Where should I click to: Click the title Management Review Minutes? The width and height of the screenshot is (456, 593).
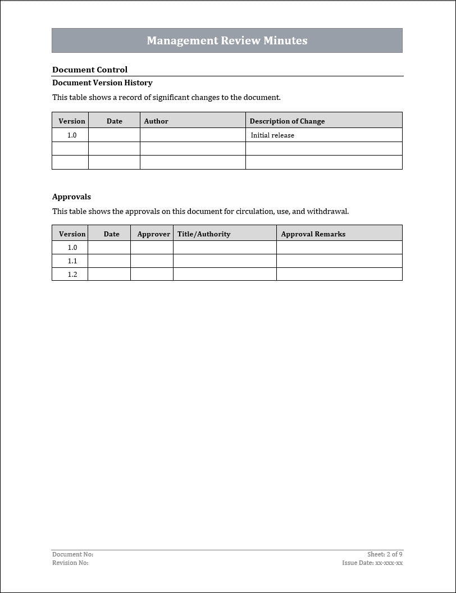point(227,40)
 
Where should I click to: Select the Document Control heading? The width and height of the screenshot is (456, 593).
point(90,70)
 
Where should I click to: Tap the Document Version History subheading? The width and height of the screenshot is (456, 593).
point(102,83)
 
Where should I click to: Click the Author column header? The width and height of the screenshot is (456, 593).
point(156,121)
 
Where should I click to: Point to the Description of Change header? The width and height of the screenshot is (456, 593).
point(287,121)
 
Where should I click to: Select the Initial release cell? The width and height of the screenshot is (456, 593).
point(272,135)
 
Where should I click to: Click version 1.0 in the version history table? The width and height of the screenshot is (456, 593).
point(72,135)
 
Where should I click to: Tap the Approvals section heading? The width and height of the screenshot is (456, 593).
point(71,197)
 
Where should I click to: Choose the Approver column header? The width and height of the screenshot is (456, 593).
point(153,234)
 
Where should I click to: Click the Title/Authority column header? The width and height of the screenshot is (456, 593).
point(204,234)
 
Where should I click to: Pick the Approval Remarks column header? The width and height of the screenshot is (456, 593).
point(313,234)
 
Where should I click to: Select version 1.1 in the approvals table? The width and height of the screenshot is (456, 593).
point(72,261)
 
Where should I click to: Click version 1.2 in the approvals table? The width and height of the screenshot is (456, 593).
point(72,275)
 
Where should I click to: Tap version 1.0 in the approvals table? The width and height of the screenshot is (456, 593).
point(72,248)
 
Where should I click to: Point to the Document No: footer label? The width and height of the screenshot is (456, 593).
point(73,554)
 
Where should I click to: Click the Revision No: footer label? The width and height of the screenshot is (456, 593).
point(71,563)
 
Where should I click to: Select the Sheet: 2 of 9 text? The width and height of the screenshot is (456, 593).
point(385,554)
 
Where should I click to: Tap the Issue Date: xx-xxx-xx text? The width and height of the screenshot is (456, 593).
point(372,563)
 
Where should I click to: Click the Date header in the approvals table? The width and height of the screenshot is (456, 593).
point(111,234)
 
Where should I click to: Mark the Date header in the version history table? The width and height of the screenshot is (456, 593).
point(114,121)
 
